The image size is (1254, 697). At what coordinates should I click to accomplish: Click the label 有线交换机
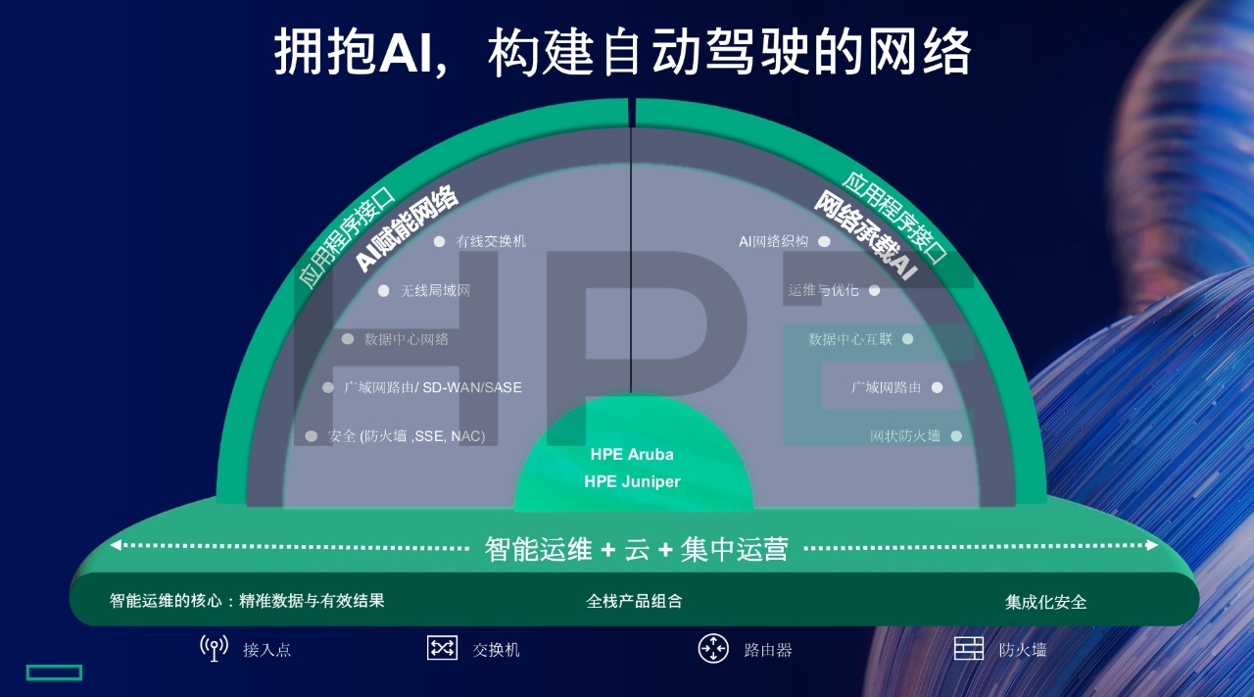click(x=491, y=241)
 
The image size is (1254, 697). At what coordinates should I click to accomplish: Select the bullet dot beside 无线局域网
click(x=383, y=290)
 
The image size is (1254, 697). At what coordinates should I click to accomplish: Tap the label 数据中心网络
click(x=407, y=339)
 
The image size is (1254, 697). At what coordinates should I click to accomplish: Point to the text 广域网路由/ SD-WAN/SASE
click(x=432, y=387)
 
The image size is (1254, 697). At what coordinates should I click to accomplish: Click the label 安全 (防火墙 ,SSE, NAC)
click(x=407, y=436)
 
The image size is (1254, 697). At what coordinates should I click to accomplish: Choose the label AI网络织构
click(x=774, y=241)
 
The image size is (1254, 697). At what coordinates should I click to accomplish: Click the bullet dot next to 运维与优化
click(x=874, y=290)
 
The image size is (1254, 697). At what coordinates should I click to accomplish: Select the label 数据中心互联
click(x=850, y=339)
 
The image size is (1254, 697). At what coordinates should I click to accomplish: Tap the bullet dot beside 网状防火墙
click(x=956, y=436)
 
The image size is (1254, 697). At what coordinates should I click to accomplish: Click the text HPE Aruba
click(x=632, y=455)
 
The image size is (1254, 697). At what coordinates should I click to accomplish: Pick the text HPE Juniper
click(x=632, y=481)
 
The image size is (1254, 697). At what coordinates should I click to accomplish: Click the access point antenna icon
click(x=214, y=648)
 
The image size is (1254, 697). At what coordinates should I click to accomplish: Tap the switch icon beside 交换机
click(x=442, y=648)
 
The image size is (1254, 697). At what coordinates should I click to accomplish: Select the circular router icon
click(x=713, y=648)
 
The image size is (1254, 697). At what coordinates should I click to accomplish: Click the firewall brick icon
click(x=969, y=648)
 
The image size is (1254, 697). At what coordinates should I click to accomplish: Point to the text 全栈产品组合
click(x=634, y=601)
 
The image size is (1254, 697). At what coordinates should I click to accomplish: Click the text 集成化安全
click(x=1045, y=602)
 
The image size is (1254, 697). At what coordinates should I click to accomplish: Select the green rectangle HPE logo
click(x=54, y=672)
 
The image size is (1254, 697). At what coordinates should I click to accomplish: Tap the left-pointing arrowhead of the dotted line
click(x=116, y=545)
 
